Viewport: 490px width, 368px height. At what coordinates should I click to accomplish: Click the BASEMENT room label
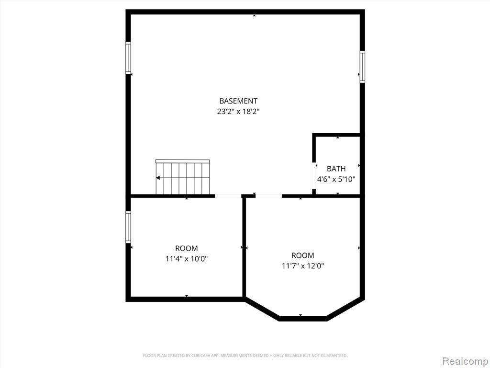(238, 101)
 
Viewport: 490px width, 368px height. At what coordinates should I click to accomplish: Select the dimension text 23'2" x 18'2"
(238, 111)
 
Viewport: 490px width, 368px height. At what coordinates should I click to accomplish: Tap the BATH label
(336, 169)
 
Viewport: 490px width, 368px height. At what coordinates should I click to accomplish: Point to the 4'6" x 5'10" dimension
(336, 179)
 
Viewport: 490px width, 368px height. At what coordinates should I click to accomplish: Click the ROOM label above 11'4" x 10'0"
(186, 249)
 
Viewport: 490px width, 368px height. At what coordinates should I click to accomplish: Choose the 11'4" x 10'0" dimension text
(187, 259)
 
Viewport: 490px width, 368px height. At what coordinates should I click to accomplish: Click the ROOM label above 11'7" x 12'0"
(302, 255)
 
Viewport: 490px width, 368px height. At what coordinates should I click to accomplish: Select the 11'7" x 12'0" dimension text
(302, 266)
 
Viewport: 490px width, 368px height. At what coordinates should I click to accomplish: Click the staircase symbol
(182, 177)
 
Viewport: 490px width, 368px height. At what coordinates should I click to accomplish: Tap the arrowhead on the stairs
(158, 178)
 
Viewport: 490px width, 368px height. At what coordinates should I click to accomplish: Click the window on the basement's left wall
(128, 58)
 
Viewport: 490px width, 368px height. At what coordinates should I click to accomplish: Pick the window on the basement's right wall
(362, 67)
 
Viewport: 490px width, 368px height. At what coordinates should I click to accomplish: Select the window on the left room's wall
(128, 227)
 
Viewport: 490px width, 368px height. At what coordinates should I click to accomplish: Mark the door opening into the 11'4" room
(228, 196)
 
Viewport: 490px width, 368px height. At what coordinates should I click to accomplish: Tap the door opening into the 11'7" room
(269, 196)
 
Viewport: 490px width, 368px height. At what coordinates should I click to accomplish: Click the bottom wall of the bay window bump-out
(302, 319)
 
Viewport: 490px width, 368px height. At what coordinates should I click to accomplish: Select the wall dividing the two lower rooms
(244, 247)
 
